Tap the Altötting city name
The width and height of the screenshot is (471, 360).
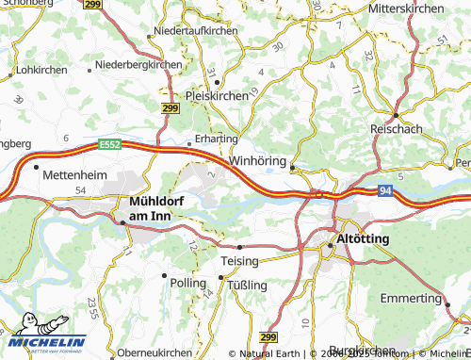363,239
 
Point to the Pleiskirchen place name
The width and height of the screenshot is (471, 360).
218,96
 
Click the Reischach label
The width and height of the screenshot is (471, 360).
402,127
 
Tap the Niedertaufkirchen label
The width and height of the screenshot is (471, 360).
196,31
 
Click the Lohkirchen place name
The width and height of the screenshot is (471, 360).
42,70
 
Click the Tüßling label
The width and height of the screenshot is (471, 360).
248,285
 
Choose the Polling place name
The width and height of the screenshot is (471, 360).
186,282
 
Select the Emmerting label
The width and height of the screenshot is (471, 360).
412,298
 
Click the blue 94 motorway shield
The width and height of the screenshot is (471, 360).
386,191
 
